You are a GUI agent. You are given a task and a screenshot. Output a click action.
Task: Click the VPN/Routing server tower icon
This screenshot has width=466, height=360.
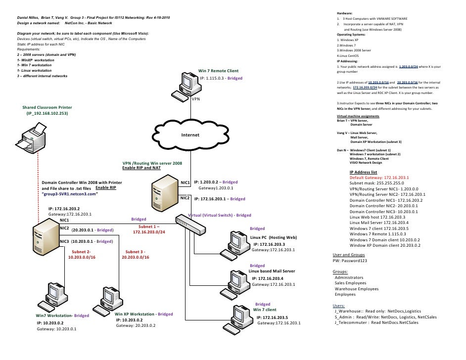[x=164, y=194]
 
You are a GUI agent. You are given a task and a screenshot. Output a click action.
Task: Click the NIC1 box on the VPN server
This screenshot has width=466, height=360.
[x=186, y=182]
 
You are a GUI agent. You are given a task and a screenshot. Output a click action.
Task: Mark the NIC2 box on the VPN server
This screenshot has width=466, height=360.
[x=186, y=198]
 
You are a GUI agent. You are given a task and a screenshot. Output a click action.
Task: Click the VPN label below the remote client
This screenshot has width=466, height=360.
[x=196, y=99]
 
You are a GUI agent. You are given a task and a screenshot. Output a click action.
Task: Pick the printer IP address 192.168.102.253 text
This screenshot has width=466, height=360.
[x=47, y=113]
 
